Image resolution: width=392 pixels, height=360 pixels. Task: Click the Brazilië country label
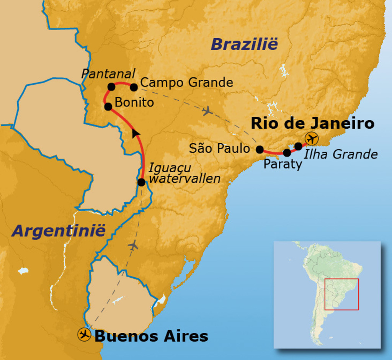pyautogui.click(x=244, y=44)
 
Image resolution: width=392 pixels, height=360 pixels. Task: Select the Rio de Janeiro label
pyautogui.click(x=312, y=123)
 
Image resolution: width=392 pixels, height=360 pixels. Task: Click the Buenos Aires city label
pyautogui.click(x=151, y=336)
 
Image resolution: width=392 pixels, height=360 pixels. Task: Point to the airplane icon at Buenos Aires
pyautogui.click(x=84, y=334)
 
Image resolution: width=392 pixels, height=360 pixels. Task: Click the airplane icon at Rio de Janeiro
pyautogui.click(x=312, y=138)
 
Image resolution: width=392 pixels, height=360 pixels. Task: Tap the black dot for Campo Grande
pyautogui.click(x=134, y=87)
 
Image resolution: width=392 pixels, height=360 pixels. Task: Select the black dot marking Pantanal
pyautogui.click(x=111, y=87)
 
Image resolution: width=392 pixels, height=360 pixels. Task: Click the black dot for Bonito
pyautogui.click(x=108, y=107)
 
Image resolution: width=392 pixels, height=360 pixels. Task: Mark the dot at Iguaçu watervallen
pyautogui.click(x=141, y=182)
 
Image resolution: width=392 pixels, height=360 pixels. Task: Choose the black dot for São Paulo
pyautogui.click(x=260, y=149)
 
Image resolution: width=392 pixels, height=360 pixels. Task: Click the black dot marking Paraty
pyautogui.click(x=287, y=153)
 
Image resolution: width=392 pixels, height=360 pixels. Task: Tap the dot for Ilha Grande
pyautogui.click(x=298, y=146)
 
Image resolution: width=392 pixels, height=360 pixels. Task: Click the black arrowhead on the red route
pyautogui.click(x=136, y=133)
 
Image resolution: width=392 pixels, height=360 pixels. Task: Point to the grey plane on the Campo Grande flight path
pyautogui.click(x=207, y=111)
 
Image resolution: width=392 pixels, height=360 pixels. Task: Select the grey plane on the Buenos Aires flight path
pyautogui.click(x=133, y=245)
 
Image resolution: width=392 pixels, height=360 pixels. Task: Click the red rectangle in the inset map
pyautogui.click(x=341, y=294)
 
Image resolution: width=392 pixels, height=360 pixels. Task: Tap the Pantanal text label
pyautogui.click(x=108, y=74)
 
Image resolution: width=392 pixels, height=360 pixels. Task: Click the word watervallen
pyautogui.click(x=185, y=178)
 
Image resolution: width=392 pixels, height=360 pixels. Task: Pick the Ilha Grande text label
pyautogui.click(x=340, y=154)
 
